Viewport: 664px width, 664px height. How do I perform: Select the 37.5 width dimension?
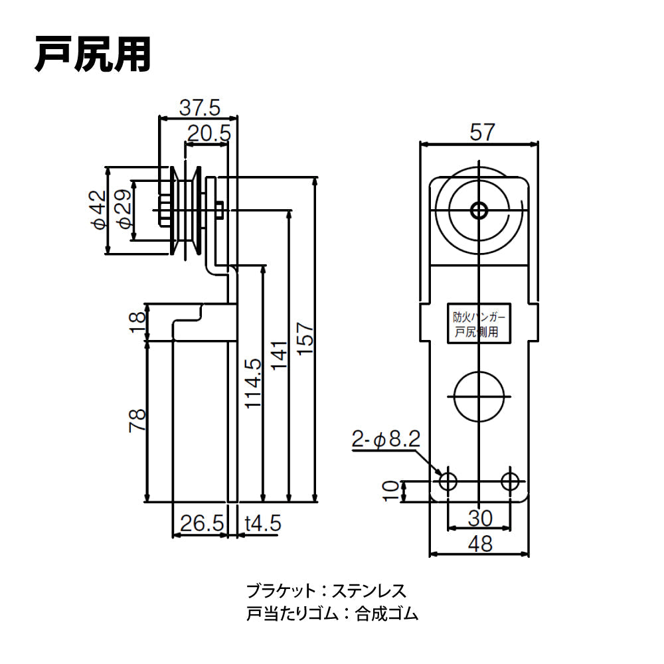click(x=199, y=107)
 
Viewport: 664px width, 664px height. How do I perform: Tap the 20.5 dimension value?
click(x=208, y=133)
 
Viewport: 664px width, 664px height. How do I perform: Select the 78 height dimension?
click(x=137, y=421)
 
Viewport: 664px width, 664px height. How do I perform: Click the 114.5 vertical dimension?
click(x=253, y=384)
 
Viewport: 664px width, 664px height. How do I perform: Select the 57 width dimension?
click(x=482, y=132)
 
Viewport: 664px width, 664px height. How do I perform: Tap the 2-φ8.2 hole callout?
click(x=384, y=439)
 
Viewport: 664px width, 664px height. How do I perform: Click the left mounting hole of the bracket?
click(x=448, y=481)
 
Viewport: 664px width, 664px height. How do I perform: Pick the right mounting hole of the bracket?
click(x=511, y=481)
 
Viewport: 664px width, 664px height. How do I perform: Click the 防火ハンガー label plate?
click(x=476, y=325)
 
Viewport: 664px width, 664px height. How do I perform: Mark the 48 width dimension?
click(x=480, y=544)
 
